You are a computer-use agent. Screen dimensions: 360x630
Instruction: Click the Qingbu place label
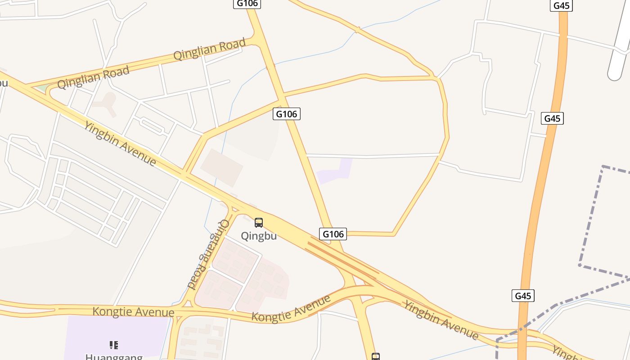click(x=259, y=236)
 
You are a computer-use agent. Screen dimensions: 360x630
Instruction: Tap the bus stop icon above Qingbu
click(x=259, y=222)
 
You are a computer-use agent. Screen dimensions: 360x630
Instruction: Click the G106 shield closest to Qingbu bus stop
click(x=333, y=234)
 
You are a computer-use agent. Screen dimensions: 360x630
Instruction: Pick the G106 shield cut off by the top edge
click(x=247, y=4)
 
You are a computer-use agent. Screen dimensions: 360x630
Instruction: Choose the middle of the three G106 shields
click(x=286, y=114)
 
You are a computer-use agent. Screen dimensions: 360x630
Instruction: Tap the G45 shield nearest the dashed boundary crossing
click(x=523, y=296)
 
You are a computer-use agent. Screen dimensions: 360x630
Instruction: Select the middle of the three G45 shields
click(x=552, y=118)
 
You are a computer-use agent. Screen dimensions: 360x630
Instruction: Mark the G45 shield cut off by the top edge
click(x=561, y=5)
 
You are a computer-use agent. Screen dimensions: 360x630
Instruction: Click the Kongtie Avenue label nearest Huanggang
click(x=133, y=311)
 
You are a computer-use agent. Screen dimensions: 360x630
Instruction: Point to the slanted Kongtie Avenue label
click(x=291, y=308)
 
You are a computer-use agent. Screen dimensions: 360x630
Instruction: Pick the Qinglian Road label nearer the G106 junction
click(x=210, y=49)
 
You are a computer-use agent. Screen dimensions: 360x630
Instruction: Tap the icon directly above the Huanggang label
click(x=114, y=345)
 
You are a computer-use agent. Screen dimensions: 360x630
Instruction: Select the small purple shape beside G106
click(x=335, y=171)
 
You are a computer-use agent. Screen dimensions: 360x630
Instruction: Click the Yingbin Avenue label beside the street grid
click(x=120, y=144)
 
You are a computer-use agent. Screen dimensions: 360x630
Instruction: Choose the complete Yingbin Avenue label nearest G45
click(x=441, y=320)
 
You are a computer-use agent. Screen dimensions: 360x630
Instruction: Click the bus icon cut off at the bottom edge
click(x=376, y=357)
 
